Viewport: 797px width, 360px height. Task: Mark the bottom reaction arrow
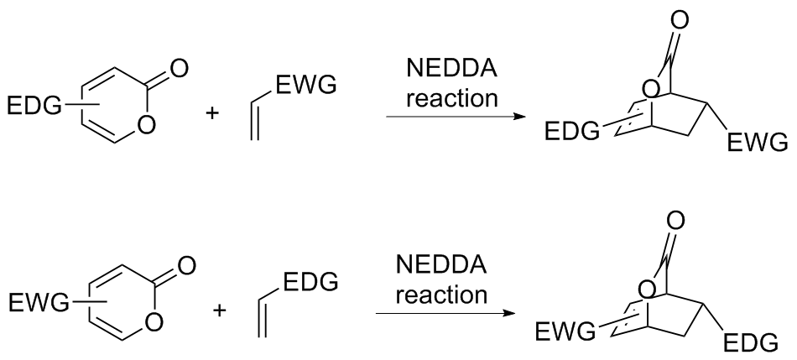pos(445,316)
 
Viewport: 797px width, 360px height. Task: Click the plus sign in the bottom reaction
pos(220,310)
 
